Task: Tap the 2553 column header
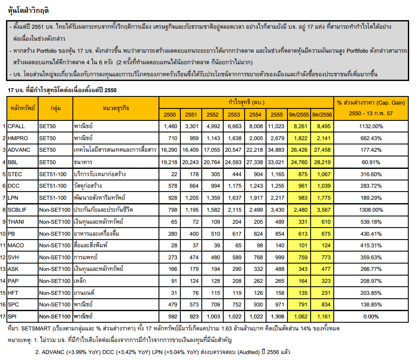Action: [233, 114]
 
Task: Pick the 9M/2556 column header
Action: [322, 114]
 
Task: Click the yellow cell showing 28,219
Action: [322, 162]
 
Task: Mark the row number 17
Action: [3, 318]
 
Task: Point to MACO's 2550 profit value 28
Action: [173, 246]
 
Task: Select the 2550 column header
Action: [170, 114]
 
